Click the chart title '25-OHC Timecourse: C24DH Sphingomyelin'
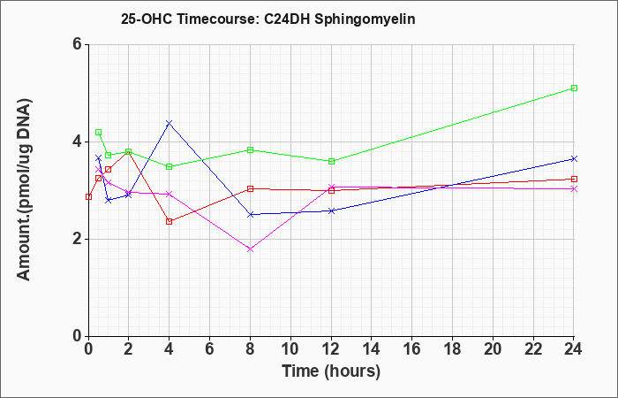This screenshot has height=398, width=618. [268, 19]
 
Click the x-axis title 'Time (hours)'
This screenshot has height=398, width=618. [331, 371]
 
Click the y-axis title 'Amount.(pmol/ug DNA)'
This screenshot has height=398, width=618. [24, 190]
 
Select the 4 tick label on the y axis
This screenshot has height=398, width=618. [77, 142]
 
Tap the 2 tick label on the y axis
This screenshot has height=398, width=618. [77, 239]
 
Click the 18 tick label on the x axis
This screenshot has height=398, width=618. [452, 349]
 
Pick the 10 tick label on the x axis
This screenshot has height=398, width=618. [290, 349]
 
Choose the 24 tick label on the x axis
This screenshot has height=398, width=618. [573, 349]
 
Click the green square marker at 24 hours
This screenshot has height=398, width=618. [574, 88]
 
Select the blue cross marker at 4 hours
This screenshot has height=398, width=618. [170, 123]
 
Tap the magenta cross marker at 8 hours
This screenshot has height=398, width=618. [250, 249]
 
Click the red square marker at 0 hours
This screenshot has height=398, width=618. [88, 196]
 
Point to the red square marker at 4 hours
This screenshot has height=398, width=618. [170, 221]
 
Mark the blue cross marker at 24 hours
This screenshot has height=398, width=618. [574, 158]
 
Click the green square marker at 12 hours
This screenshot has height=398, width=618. [331, 161]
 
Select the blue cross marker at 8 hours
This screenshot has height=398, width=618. [250, 214]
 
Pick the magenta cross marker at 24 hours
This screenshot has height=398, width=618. [574, 188]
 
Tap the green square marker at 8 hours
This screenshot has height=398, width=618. [250, 149]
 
